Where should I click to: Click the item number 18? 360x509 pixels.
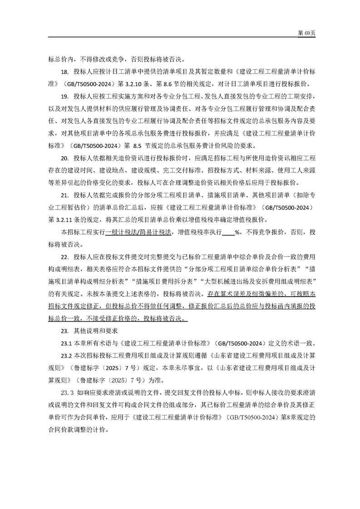[x=64, y=71]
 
